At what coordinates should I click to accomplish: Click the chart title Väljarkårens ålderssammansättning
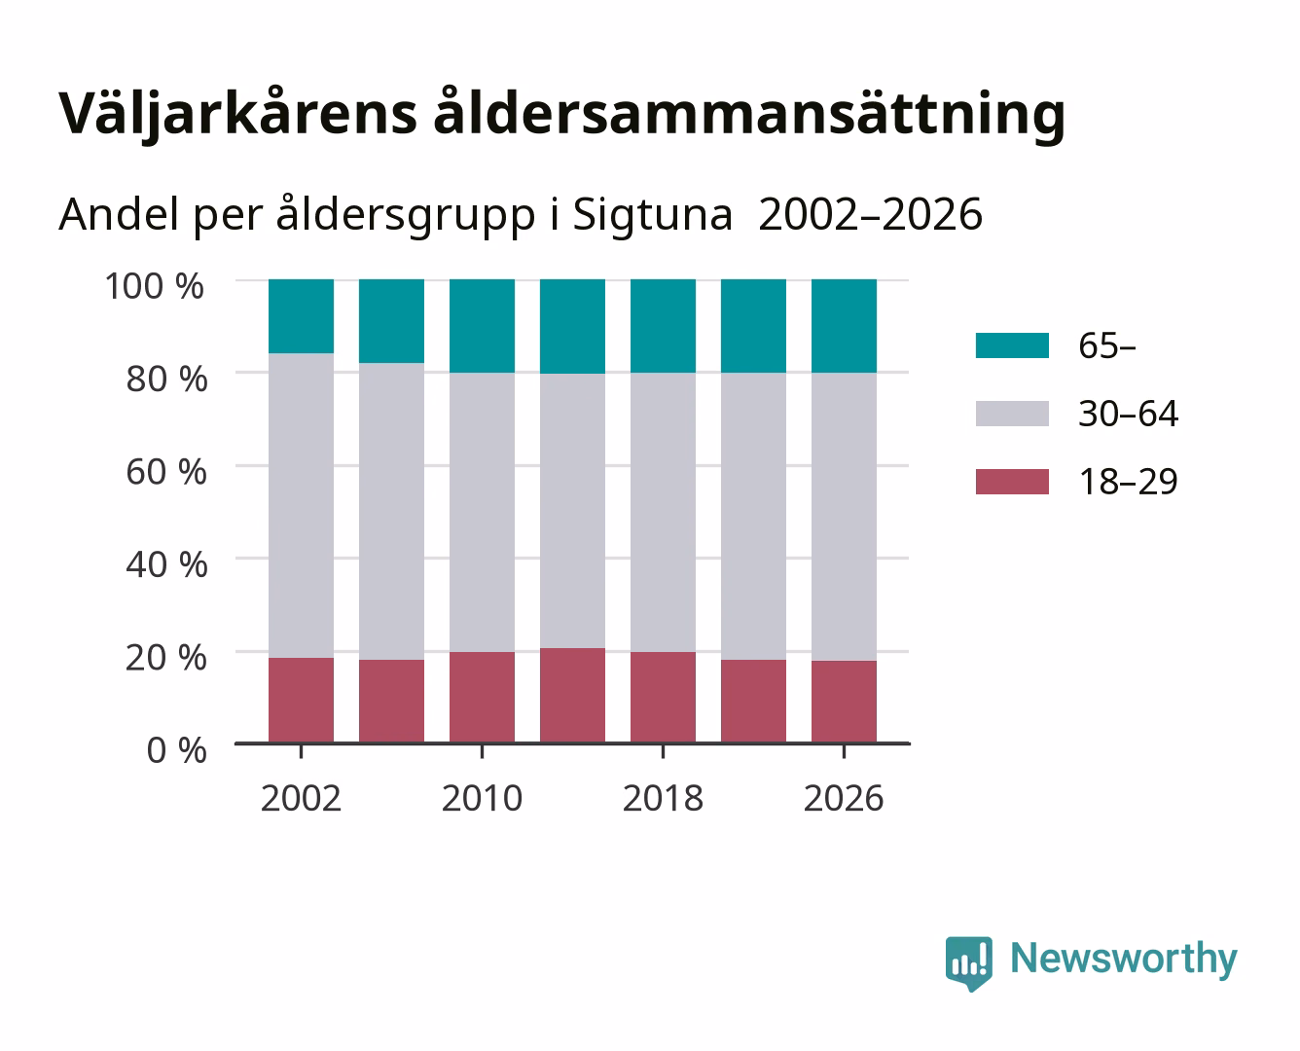click(562, 114)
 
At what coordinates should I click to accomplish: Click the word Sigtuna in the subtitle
click(652, 216)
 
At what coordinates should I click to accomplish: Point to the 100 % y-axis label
click(154, 286)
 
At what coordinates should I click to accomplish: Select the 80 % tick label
click(166, 379)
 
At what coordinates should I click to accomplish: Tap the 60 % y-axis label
click(166, 472)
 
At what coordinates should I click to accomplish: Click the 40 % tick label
click(166, 564)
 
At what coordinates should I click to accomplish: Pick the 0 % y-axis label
click(176, 750)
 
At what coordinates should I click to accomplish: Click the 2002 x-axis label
click(301, 798)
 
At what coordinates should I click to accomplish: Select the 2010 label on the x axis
click(483, 798)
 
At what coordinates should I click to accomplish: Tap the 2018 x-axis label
click(663, 798)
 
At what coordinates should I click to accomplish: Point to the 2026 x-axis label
click(844, 798)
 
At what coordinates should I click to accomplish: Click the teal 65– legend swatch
click(1013, 345)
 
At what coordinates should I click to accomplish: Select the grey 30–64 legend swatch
click(1013, 414)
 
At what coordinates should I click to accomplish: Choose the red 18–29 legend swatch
click(1013, 482)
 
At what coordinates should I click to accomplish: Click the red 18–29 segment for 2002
click(301, 700)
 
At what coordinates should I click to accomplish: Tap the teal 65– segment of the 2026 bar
click(844, 326)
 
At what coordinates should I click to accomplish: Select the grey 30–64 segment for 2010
click(483, 512)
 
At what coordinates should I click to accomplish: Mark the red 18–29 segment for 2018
click(663, 697)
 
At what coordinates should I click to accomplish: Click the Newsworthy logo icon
click(968, 963)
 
